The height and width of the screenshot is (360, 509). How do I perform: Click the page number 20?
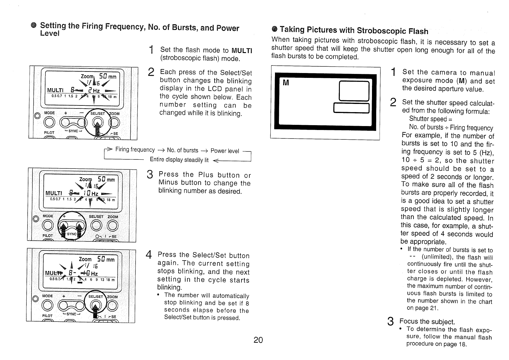[258, 340]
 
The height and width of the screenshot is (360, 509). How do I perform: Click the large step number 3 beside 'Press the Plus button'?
[149, 175]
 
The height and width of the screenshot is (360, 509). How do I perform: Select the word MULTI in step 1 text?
[242, 50]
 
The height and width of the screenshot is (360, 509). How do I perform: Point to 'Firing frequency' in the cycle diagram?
[135, 150]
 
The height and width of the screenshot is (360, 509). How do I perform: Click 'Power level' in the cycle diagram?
[225, 151]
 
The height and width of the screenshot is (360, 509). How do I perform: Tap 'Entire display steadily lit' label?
[179, 160]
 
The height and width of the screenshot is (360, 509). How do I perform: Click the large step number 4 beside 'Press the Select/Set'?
[149, 255]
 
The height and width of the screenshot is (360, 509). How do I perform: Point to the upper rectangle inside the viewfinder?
[354, 91]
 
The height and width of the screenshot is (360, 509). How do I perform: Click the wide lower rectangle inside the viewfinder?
[351, 108]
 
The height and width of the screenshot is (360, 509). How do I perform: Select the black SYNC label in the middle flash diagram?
[72, 234]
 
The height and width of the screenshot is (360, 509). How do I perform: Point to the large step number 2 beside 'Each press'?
[151, 73]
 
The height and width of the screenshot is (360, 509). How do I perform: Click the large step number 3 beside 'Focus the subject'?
[391, 322]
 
